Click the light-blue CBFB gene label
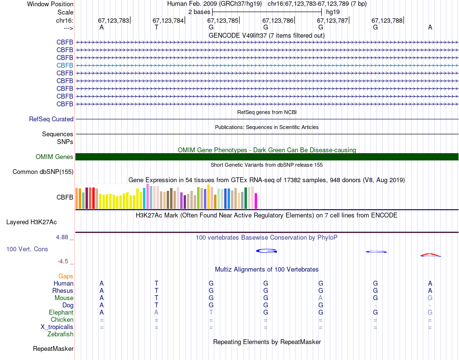pos(65,65)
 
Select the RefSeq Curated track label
pos(51,119)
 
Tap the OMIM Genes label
pos(55,157)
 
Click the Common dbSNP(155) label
pos(43,172)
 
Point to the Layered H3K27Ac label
pos(31,223)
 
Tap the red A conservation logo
pos(430,254)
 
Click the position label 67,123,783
pos(114,21)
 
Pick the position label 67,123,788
pos(387,21)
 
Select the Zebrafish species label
pos(60,334)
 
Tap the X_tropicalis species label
pos(57,327)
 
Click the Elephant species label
pos(60,313)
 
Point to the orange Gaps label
pos(66,276)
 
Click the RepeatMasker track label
pos(53,349)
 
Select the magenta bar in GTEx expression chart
pos(256,201)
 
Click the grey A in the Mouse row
pos(320,298)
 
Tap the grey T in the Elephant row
pos(211,313)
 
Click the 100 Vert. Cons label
pos(27,249)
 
